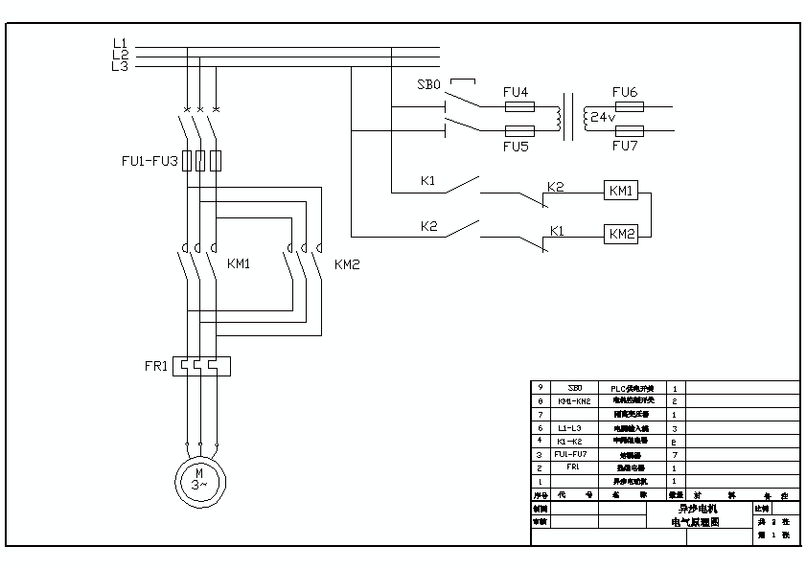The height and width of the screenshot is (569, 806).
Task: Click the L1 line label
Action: click(x=120, y=43)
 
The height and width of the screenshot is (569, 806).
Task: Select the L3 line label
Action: click(x=120, y=66)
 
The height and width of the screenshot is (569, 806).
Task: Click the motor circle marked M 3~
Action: click(x=198, y=479)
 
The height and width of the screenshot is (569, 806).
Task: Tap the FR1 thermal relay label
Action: click(x=156, y=365)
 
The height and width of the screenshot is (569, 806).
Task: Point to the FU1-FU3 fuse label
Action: click(x=150, y=162)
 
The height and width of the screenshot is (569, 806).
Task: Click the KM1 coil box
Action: click(x=621, y=191)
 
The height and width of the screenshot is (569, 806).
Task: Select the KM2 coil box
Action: click(x=621, y=234)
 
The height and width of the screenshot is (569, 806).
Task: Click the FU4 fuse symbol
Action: click(x=519, y=107)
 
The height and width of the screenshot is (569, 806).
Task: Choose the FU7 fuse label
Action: click(x=625, y=147)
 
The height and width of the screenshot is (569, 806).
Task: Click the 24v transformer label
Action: click(x=602, y=119)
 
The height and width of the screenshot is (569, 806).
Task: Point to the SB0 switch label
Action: click(x=428, y=84)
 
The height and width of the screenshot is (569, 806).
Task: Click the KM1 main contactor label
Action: click(x=238, y=263)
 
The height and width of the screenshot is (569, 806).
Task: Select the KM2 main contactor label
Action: click(x=347, y=263)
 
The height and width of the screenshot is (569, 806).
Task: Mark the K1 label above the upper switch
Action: click(x=428, y=180)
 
